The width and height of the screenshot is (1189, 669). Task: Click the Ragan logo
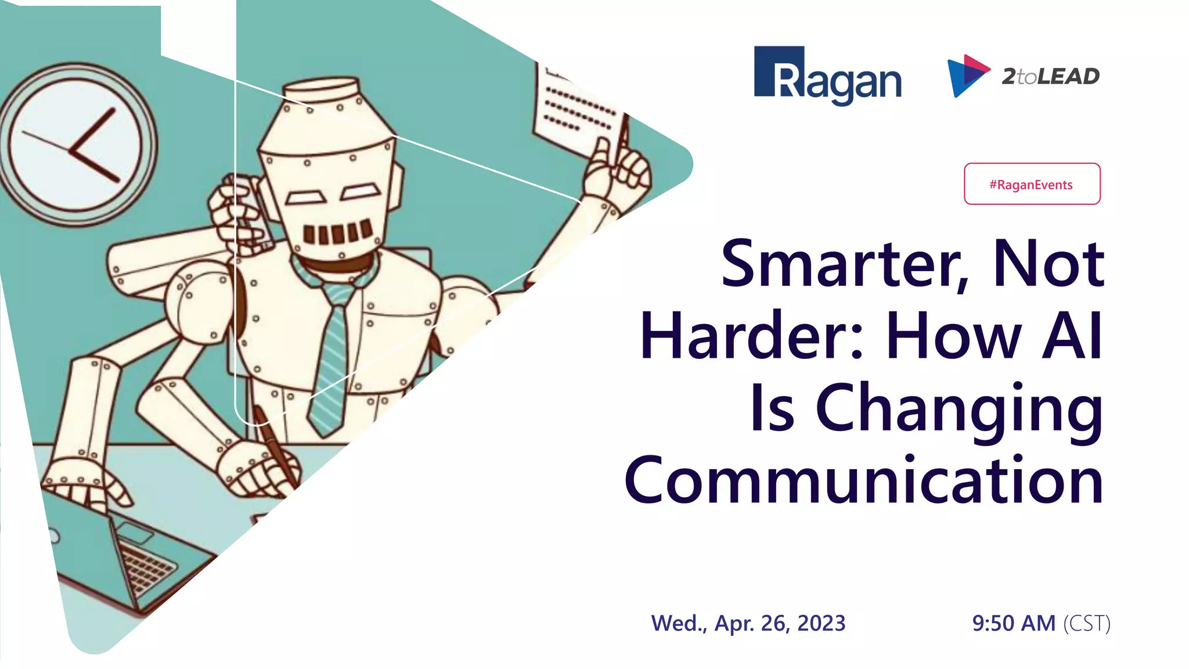coord(827,75)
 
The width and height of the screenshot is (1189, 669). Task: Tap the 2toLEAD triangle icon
coord(966,75)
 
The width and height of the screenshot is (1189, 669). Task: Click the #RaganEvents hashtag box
coord(1032,184)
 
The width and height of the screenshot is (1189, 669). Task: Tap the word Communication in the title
coord(863,481)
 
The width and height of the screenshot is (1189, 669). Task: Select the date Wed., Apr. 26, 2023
coord(748,623)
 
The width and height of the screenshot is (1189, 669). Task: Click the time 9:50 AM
coord(1014,623)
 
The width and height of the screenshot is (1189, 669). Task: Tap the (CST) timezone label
coord(1086,623)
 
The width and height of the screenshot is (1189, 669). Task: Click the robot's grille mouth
coord(337,232)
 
